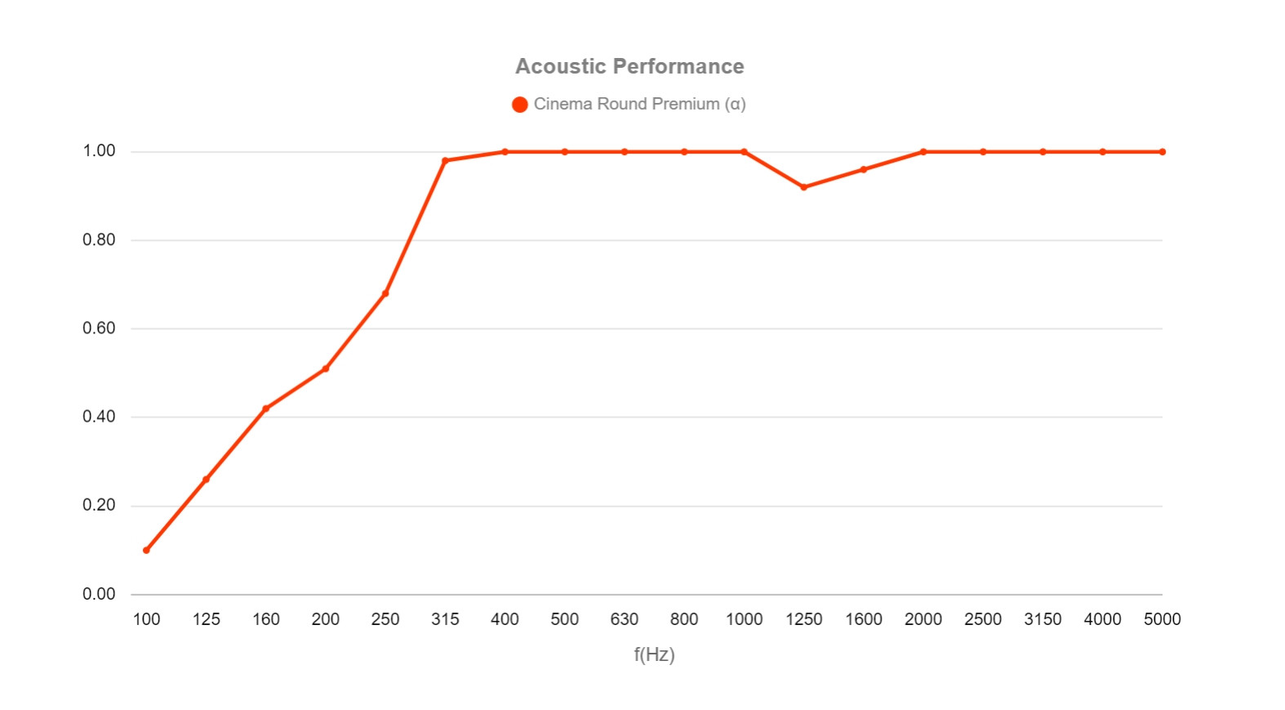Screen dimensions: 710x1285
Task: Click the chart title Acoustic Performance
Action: click(629, 66)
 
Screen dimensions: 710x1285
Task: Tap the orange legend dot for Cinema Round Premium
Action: click(520, 105)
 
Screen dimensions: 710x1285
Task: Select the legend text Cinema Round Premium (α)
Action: click(639, 105)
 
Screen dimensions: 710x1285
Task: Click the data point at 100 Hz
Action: click(146, 550)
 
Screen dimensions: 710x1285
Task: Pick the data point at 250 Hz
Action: click(385, 293)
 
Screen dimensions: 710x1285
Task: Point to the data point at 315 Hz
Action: click(445, 161)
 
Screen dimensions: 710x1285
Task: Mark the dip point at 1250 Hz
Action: click(804, 187)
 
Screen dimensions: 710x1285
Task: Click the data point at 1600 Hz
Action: click(864, 170)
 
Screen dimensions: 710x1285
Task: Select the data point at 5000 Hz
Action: click(1163, 152)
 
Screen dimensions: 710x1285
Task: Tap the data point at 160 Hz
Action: click(266, 409)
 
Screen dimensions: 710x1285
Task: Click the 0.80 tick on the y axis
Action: click(99, 240)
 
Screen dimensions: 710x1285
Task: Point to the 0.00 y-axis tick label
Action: click(99, 594)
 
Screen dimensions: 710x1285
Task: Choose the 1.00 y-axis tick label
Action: click(99, 151)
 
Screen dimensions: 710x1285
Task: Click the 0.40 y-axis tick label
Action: click(99, 417)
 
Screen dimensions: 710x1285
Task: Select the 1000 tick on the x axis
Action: click(744, 619)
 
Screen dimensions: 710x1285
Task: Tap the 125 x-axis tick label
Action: click(207, 619)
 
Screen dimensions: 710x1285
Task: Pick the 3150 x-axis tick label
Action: click(1043, 619)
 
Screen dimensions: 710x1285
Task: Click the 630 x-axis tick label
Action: click(625, 619)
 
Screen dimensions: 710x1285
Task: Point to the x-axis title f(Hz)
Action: click(654, 654)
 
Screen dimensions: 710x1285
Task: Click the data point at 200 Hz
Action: click(326, 368)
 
